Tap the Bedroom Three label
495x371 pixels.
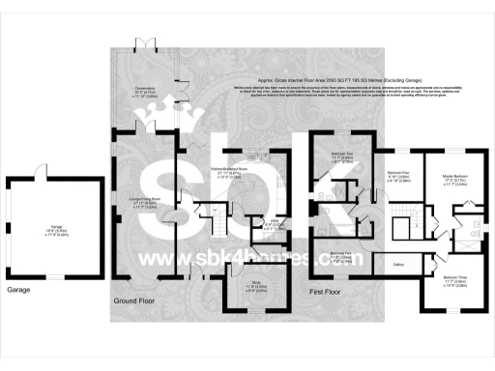point(449,279)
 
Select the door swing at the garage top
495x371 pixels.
point(39,171)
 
